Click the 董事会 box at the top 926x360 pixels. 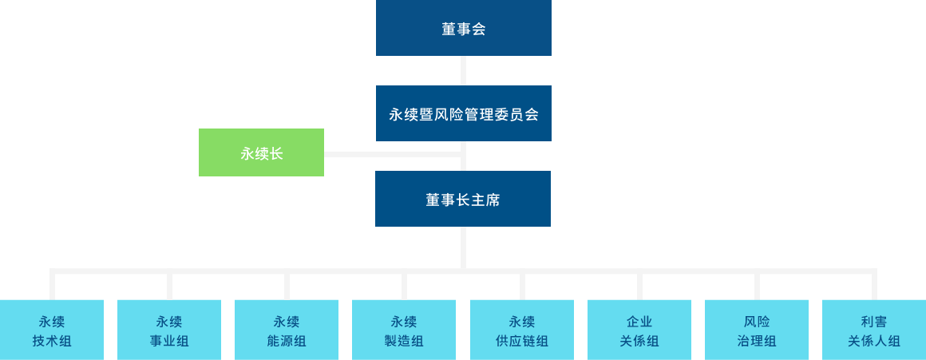coord(463,28)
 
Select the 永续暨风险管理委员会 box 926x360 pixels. coord(463,113)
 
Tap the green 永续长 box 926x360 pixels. coord(261,152)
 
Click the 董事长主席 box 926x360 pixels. coord(463,199)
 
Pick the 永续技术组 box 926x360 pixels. coord(52,330)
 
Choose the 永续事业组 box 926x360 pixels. coord(169,330)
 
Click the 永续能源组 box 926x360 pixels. coord(287,330)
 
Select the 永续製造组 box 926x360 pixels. coord(404,330)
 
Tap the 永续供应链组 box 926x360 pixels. coord(522,330)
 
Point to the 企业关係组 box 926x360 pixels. coord(639,330)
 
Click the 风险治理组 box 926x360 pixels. coord(757,330)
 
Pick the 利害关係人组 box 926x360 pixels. coord(874,330)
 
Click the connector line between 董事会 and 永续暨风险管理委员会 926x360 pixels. coord(464,70)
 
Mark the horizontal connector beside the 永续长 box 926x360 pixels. coord(391,154)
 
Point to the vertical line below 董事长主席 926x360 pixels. coord(464,247)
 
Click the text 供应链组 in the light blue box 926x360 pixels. coord(522,342)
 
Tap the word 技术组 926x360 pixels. coord(52,342)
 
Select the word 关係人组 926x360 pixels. coord(874,342)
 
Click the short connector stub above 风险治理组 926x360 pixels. coord(757,286)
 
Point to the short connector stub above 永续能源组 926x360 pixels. coord(287,286)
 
